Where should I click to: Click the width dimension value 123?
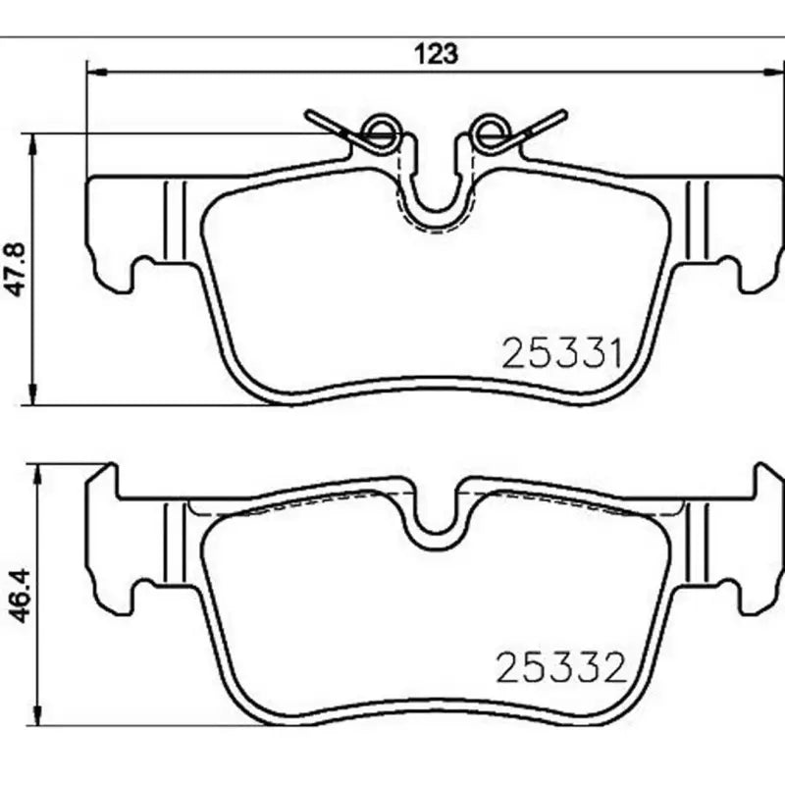(439, 54)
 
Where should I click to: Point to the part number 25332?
(562, 668)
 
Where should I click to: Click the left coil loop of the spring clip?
(380, 131)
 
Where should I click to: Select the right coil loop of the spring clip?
(487, 131)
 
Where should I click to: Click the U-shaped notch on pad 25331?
(435, 196)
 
